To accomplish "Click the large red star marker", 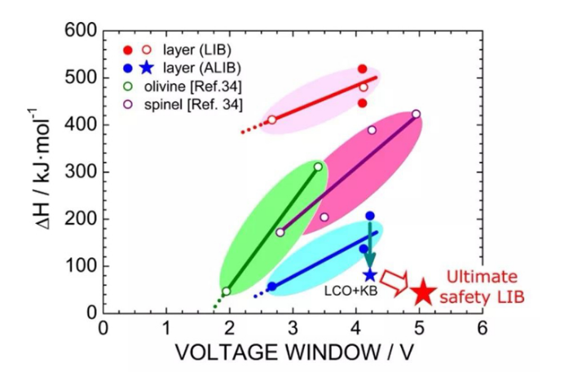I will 421,292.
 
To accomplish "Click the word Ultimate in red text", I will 483,278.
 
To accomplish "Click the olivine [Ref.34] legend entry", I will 203,85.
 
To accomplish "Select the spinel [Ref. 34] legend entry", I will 204,102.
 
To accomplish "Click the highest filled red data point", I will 363,69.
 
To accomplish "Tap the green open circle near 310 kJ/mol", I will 319,167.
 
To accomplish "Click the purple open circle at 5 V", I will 416,114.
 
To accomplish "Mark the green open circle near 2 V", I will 227,291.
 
